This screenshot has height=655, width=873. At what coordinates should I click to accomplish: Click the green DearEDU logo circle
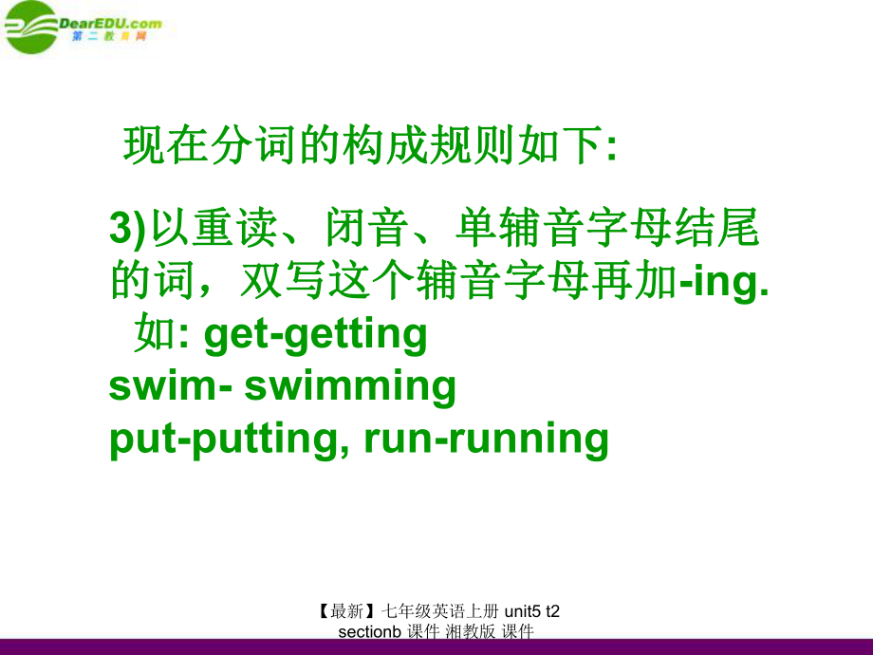pyautogui.click(x=30, y=28)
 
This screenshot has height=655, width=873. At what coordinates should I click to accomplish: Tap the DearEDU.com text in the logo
pyautogui.click(x=110, y=24)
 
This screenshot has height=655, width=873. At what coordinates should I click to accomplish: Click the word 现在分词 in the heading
pyautogui.click(x=210, y=145)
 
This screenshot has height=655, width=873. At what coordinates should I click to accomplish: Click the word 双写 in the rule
pyautogui.click(x=282, y=279)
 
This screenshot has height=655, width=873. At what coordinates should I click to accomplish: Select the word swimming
pyautogui.click(x=350, y=387)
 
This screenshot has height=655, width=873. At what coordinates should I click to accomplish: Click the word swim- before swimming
pyautogui.click(x=171, y=386)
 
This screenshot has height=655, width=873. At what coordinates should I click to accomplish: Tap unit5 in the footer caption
pyautogui.click(x=522, y=611)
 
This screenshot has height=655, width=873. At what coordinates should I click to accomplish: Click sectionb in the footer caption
pyautogui.click(x=370, y=632)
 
